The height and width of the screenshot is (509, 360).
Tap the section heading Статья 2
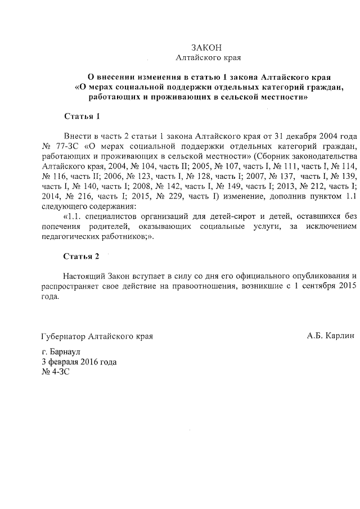[x=82, y=256]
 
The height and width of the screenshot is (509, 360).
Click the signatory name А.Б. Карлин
[x=331, y=336]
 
